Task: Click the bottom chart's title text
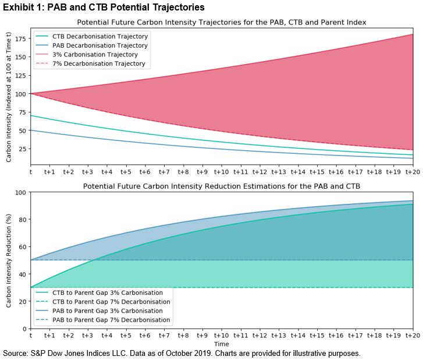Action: tap(221, 187)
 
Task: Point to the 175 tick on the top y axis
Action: tap(20, 38)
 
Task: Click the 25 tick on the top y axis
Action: tap(22, 149)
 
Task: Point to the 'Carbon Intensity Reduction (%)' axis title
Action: tap(9, 260)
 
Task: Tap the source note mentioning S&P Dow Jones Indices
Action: tap(182, 354)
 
